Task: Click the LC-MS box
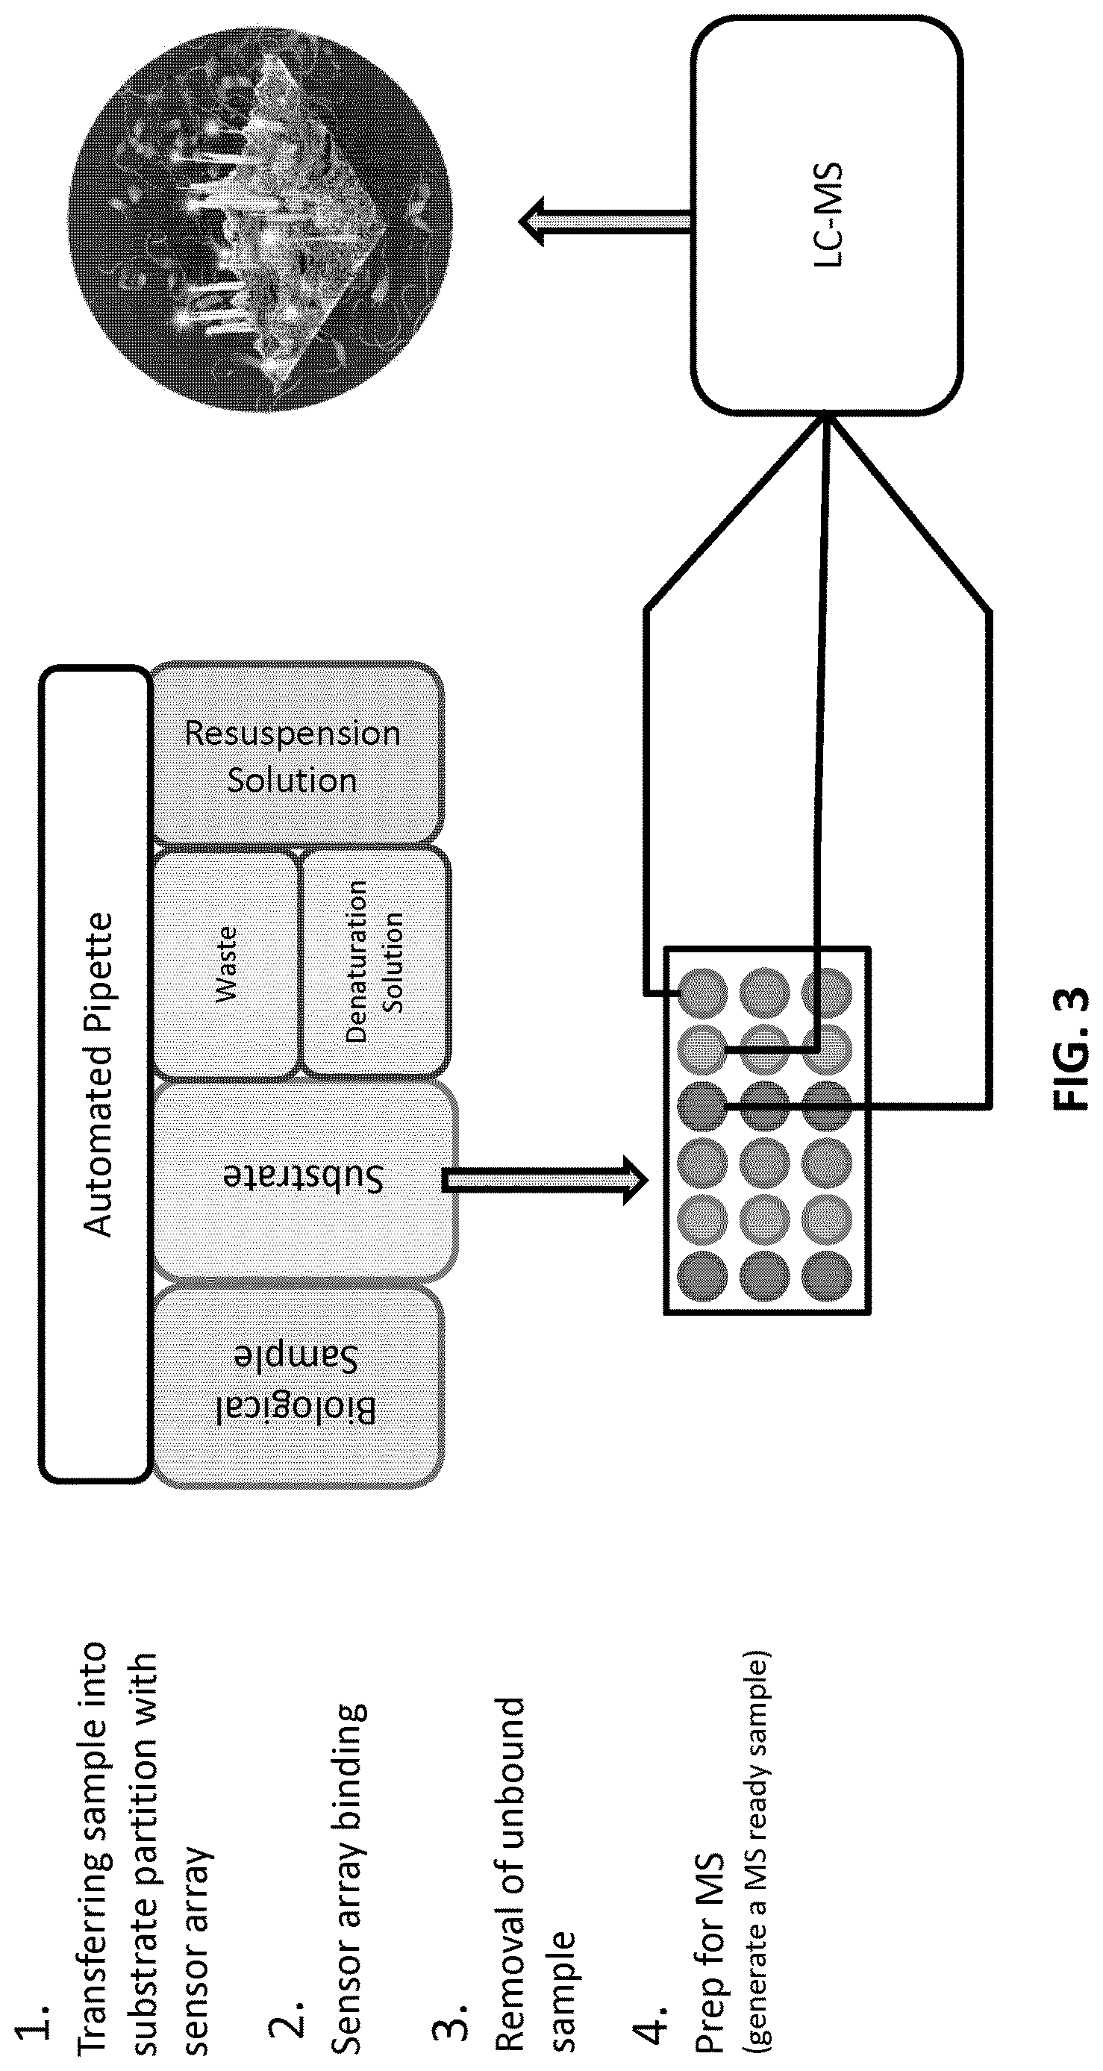[827, 216]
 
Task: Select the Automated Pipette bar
[95, 1074]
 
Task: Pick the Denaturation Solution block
[375, 962]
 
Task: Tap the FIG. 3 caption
[1070, 1048]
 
